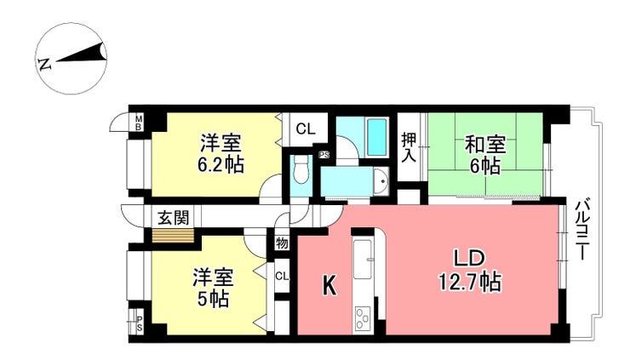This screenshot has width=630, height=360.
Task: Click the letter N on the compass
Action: [44, 65]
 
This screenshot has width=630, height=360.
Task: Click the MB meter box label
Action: [138, 123]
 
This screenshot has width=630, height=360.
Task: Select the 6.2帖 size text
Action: [220, 164]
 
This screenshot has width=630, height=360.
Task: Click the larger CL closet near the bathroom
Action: [306, 129]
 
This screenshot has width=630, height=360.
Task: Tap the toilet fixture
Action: [301, 169]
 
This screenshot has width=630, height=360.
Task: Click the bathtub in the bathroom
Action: [377, 137]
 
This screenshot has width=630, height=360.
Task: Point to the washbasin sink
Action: [381, 182]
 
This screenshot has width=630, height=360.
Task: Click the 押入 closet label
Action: [409, 147]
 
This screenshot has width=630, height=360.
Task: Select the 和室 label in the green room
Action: [485, 145]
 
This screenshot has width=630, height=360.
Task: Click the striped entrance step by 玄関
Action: [173, 236]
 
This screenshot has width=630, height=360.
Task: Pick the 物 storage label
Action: [282, 243]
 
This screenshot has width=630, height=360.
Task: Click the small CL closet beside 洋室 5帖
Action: [282, 276]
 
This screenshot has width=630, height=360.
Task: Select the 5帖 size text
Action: [213, 299]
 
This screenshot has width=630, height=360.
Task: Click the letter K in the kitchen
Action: [329, 287]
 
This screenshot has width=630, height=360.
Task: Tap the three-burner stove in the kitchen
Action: [364, 318]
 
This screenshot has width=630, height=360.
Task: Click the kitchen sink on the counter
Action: [363, 259]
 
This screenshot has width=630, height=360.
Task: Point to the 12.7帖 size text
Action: [470, 282]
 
